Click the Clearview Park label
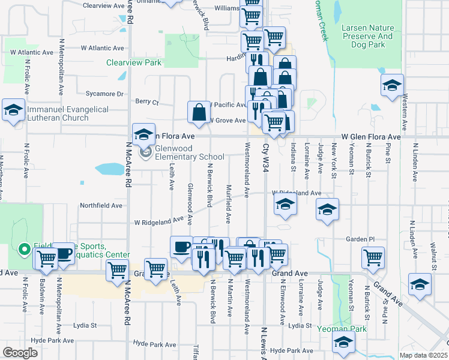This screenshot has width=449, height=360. click(x=134, y=62)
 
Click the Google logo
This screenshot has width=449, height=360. click(x=20, y=353)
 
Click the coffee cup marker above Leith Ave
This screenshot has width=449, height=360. click(x=181, y=247)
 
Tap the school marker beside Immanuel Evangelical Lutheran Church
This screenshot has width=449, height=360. click(x=13, y=110)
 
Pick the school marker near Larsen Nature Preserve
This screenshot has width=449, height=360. click(x=392, y=85)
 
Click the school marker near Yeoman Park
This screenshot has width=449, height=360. click(x=343, y=343)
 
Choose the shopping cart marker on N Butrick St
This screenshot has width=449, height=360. click(x=373, y=258)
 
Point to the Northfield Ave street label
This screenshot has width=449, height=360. click(x=101, y=205)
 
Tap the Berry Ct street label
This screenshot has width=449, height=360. click(x=146, y=102)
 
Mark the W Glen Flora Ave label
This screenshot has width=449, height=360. click(x=370, y=137)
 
